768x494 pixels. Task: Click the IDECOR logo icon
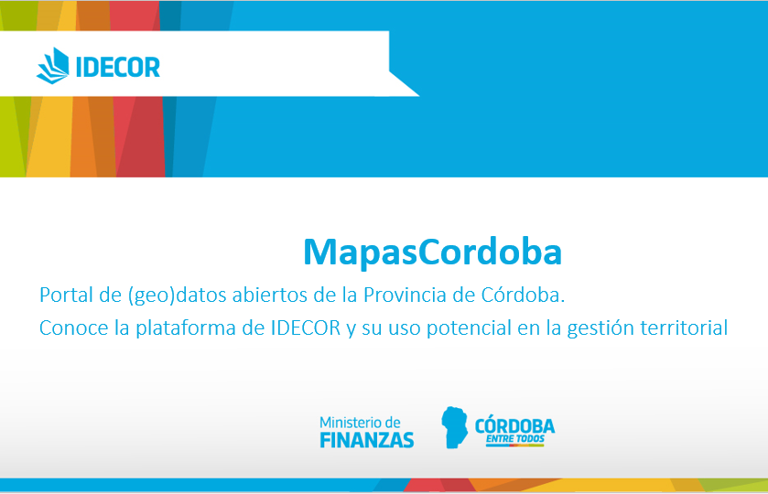53,66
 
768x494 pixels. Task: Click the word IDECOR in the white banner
118,67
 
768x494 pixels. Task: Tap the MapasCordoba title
432,252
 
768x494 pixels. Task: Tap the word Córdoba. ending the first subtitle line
523,295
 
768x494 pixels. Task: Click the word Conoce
73,328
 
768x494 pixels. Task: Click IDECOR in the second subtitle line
306,328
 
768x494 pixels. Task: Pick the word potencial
470,328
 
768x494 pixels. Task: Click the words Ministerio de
360,423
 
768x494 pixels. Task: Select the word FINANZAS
367,440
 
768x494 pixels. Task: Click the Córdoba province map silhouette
454,427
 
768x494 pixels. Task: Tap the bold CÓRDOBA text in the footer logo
514,426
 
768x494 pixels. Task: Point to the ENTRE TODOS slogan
514,439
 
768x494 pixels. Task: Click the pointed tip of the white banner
419,96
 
